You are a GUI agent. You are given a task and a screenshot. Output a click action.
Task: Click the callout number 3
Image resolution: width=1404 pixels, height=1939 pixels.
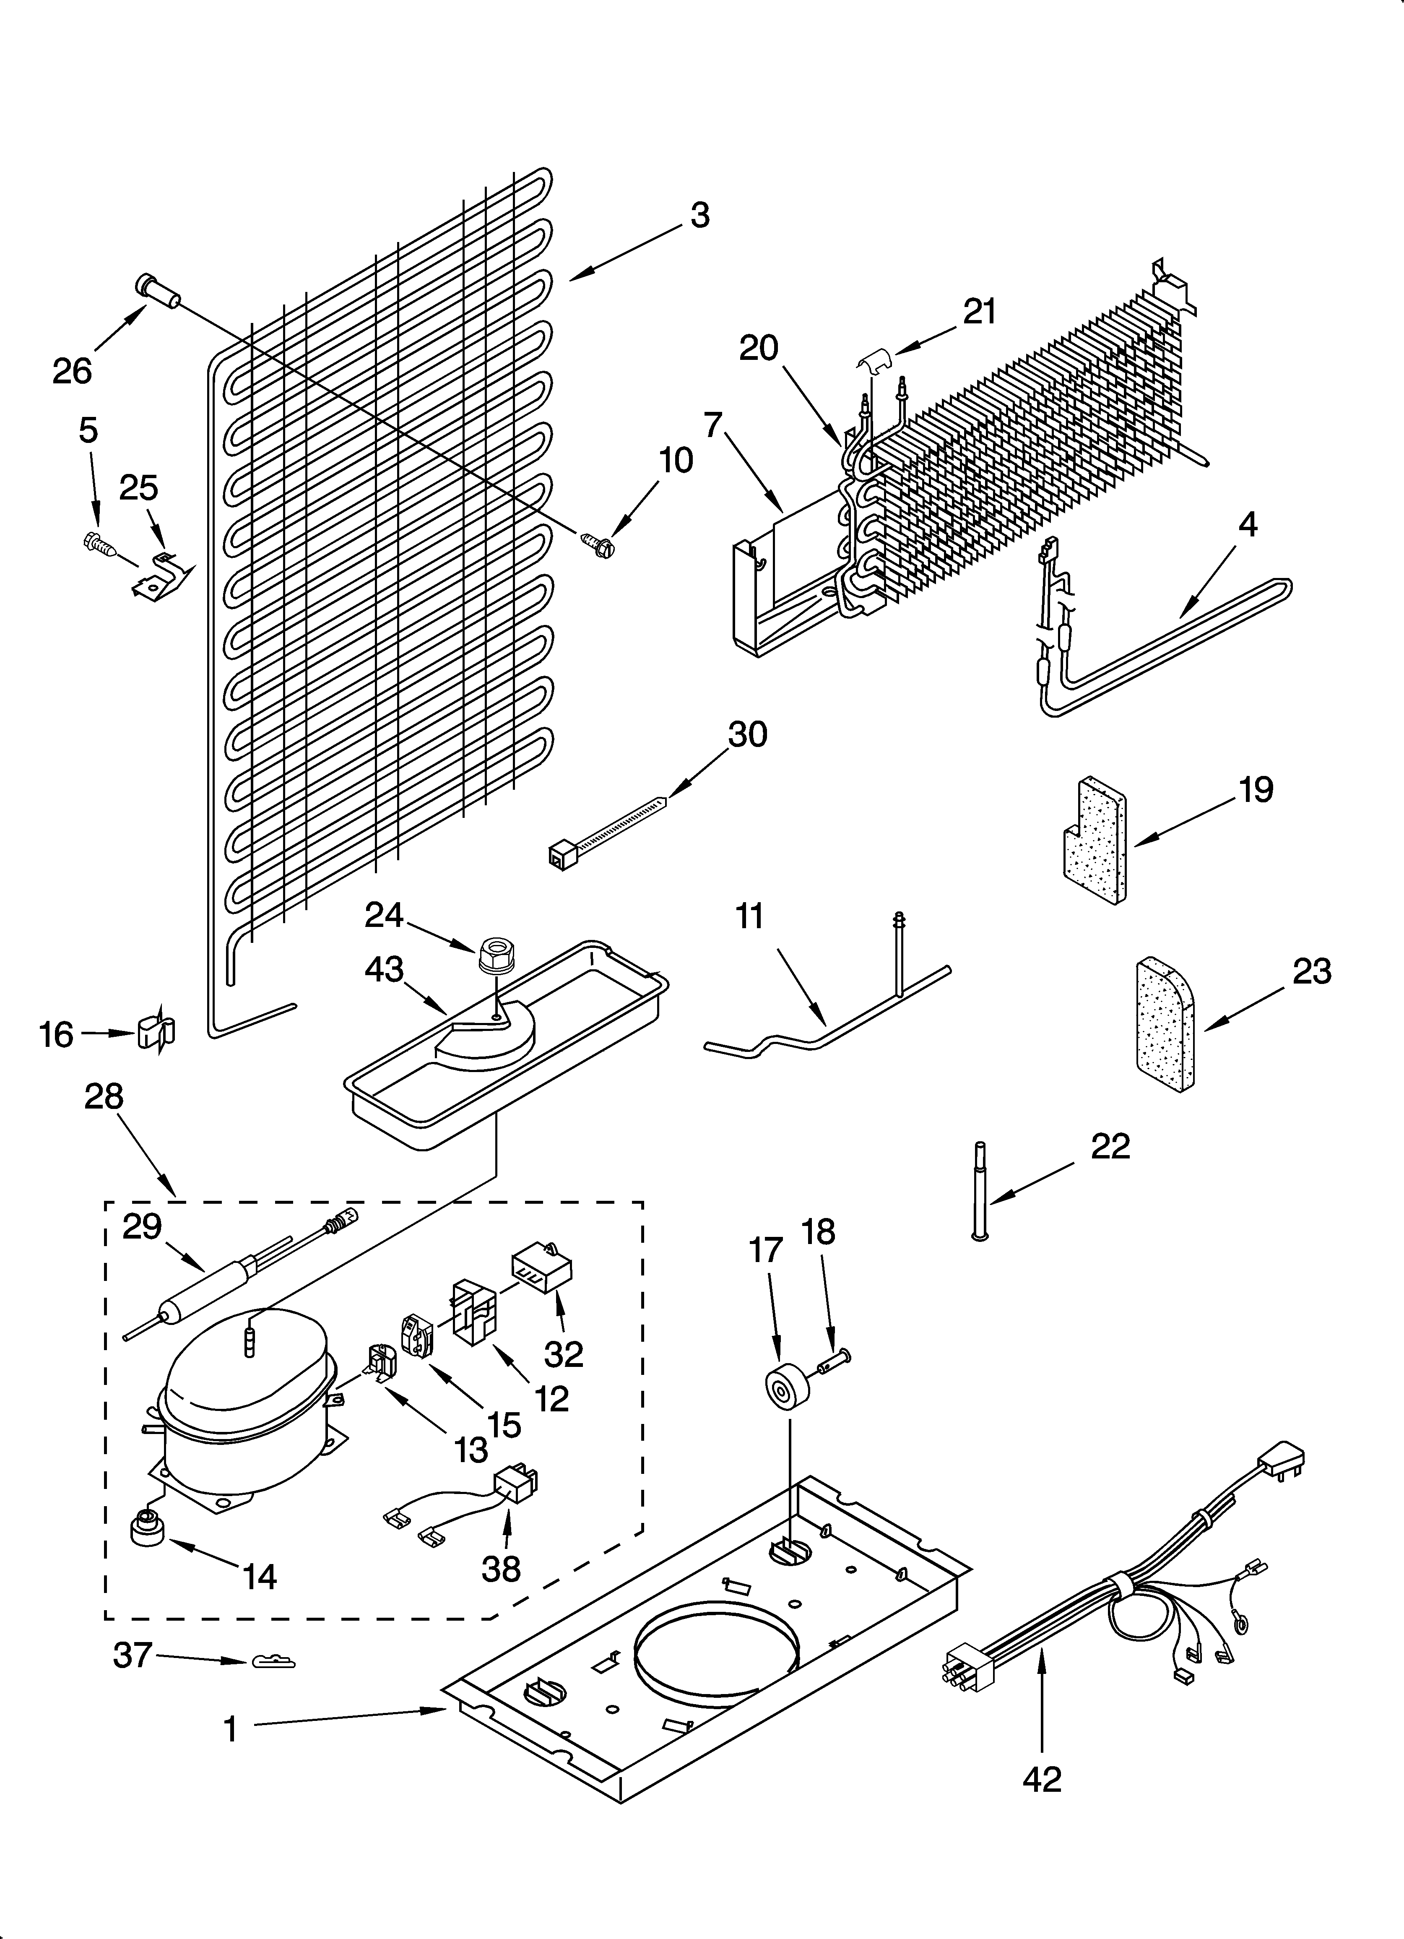click(x=699, y=216)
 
